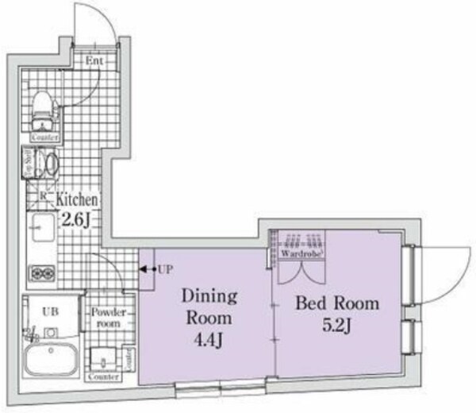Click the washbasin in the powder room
tap(102, 358)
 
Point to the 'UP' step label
tap(164, 270)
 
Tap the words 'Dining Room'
tap(210, 307)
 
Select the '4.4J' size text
tap(210, 342)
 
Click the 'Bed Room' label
tap(337, 303)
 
